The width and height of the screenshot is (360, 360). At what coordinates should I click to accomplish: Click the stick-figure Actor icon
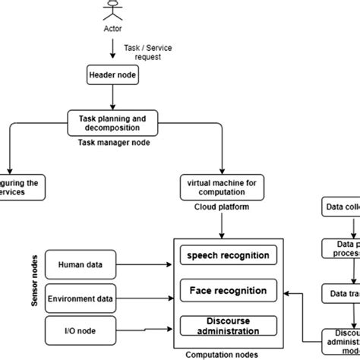(112, 11)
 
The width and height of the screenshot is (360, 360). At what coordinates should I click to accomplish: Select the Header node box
(112, 75)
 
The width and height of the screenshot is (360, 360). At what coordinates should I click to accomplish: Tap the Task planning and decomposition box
(112, 122)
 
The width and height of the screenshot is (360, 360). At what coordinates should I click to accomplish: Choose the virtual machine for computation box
(221, 187)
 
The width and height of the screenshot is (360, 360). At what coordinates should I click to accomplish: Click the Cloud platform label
(221, 207)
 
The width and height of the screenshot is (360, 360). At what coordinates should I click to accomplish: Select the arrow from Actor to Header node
(112, 50)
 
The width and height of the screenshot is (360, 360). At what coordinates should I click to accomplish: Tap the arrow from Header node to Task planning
(112, 96)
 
